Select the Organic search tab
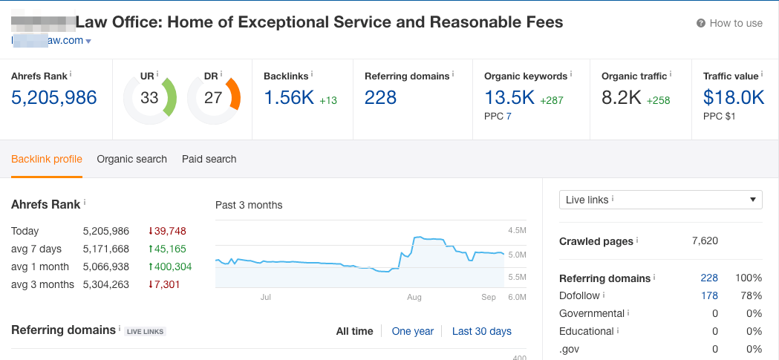click(131, 159)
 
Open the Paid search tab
click(209, 159)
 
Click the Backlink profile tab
click(47, 159)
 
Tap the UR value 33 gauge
click(149, 98)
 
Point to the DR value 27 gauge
click(213, 98)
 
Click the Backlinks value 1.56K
click(289, 97)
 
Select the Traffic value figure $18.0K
click(734, 97)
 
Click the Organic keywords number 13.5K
click(509, 97)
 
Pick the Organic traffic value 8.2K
click(622, 97)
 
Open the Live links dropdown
click(660, 200)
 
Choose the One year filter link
click(412, 331)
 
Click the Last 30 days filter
click(481, 331)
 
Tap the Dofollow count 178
click(709, 295)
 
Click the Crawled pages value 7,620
click(704, 241)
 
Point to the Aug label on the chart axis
click(414, 297)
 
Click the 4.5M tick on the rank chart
click(517, 231)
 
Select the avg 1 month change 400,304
click(174, 266)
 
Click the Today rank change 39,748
click(170, 231)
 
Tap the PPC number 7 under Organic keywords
click(509, 117)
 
